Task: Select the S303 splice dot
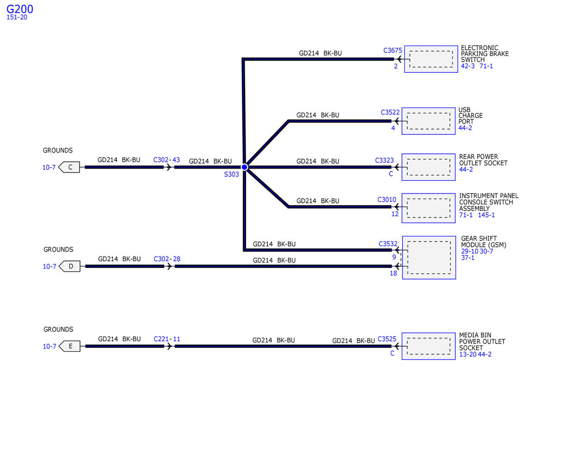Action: point(245,167)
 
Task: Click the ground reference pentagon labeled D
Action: point(69,266)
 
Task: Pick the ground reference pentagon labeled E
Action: point(69,346)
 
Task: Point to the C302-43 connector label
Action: point(167,160)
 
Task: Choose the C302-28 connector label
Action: point(167,259)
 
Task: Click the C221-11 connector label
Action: point(167,339)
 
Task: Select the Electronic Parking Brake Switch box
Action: point(431,59)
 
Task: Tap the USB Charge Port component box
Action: point(428,121)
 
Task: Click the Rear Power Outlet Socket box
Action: point(428,167)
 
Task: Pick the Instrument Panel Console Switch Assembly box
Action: point(428,208)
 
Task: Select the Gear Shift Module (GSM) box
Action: point(429,258)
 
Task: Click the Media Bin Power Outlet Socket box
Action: point(428,346)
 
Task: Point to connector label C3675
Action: point(393,50)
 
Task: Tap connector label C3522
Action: point(390,112)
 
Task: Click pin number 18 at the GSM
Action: point(393,274)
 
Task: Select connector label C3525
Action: point(387,338)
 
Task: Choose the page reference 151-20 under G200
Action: point(17,17)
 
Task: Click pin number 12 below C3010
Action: point(395,214)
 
